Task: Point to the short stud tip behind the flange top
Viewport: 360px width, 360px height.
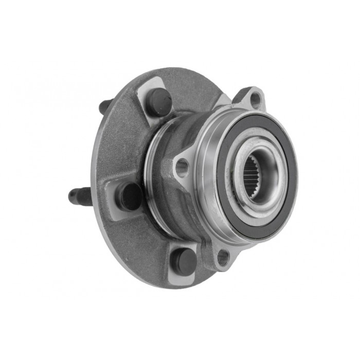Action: coord(104,106)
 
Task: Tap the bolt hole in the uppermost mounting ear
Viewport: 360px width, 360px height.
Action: coord(255,99)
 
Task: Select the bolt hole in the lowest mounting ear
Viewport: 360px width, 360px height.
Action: coord(223,257)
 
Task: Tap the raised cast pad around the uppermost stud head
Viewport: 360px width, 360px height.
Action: coord(147,93)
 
